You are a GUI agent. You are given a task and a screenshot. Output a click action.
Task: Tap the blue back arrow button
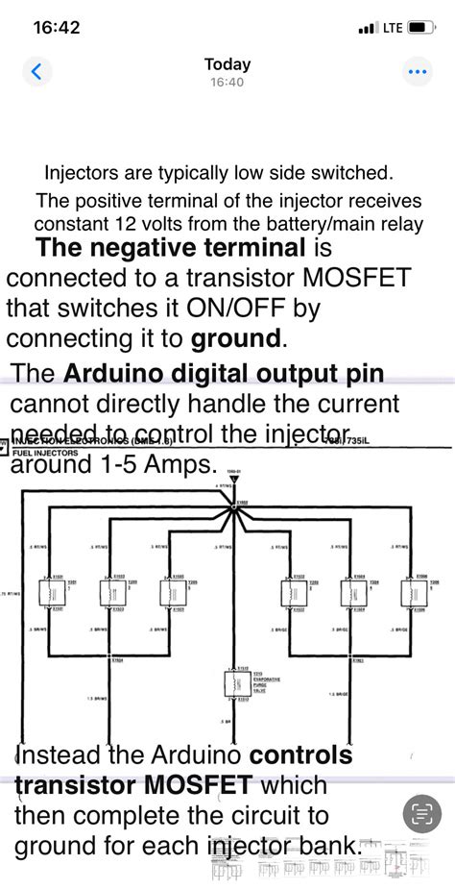(x=36, y=72)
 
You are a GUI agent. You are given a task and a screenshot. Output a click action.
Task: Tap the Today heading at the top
(x=227, y=64)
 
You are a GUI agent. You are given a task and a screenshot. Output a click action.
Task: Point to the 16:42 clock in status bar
(x=57, y=28)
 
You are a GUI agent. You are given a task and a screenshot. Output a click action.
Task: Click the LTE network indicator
(x=393, y=28)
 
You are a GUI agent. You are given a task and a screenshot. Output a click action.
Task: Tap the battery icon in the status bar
(x=422, y=28)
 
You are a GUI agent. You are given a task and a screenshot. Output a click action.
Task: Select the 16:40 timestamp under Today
(x=227, y=83)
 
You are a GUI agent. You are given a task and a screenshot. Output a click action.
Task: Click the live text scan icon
(x=421, y=814)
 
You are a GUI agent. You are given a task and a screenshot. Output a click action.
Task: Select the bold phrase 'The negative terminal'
(x=169, y=248)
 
